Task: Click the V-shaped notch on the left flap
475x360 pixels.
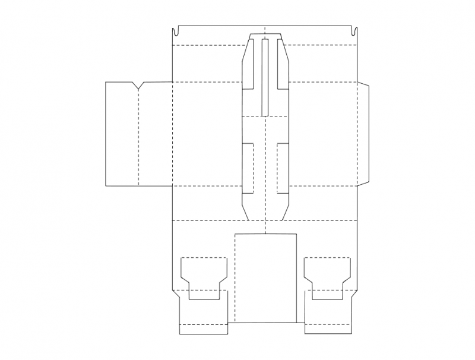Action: coord(138,86)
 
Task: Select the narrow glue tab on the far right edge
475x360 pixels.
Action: coord(365,134)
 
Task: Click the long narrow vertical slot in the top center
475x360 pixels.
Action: coord(265,76)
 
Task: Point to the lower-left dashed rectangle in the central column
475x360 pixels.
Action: coord(248,168)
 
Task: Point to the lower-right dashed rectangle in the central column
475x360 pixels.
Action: coord(283,168)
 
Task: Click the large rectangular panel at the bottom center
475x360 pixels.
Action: coord(265,278)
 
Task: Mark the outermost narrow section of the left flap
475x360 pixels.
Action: coord(121,134)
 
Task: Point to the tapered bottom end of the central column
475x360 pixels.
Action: coord(265,208)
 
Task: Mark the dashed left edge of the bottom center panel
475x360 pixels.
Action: coord(235,278)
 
